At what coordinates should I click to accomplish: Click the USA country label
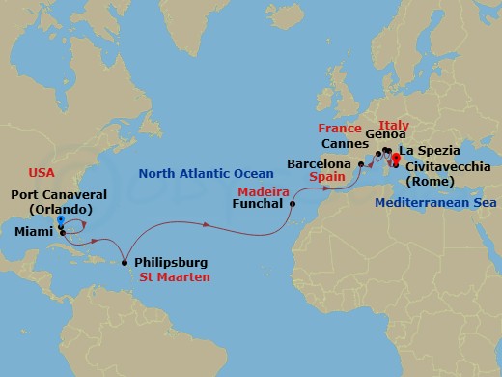point(42,174)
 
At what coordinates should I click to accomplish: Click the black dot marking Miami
point(62,232)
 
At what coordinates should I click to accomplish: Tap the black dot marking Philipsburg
point(125,263)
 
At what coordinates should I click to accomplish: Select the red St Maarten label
point(174,277)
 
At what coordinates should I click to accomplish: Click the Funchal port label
point(260,204)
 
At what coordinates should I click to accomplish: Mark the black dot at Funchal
point(293,204)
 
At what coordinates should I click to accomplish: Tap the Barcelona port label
point(321,164)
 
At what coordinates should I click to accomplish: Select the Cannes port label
point(345,144)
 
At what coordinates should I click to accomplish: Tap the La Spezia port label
point(429,151)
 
